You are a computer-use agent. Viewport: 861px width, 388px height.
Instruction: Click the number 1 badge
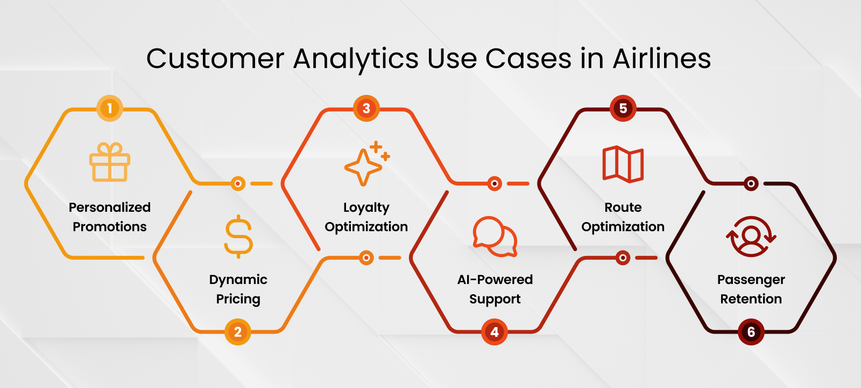click(x=110, y=108)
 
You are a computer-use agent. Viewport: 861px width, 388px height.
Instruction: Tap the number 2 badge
click(x=238, y=332)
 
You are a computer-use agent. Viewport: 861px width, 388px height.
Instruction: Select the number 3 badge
click(x=366, y=108)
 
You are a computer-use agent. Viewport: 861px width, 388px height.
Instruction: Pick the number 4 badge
click(x=495, y=332)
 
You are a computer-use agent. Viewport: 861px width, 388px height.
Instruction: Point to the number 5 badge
click(x=623, y=108)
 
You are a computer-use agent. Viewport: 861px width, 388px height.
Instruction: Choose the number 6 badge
click(x=751, y=332)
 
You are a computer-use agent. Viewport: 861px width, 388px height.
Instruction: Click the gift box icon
click(x=110, y=162)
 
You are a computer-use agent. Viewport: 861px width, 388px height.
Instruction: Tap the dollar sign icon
click(x=238, y=237)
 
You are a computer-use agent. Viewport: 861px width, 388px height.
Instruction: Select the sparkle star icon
click(x=366, y=164)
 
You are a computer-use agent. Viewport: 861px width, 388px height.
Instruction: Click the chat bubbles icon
click(x=495, y=237)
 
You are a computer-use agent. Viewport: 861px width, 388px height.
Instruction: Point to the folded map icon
click(x=623, y=164)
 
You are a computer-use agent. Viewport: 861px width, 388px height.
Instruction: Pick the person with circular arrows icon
click(x=751, y=237)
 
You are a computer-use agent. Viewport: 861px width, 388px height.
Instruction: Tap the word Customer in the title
click(x=215, y=58)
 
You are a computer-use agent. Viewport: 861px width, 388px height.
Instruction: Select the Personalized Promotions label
click(x=110, y=217)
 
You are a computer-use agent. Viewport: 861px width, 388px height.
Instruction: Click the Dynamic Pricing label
click(x=238, y=289)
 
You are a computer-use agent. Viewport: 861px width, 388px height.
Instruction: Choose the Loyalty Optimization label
click(x=366, y=217)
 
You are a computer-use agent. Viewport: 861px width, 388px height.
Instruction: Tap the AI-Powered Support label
click(x=495, y=289)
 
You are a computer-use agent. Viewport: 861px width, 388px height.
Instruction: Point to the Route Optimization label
click(x=623, y=217)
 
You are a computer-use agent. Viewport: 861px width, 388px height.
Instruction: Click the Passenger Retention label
click(x=751, y=289)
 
